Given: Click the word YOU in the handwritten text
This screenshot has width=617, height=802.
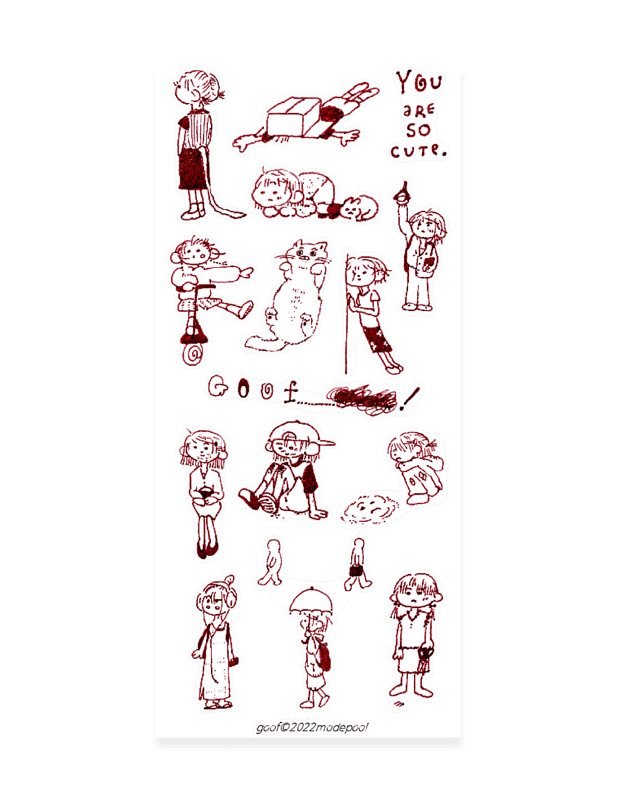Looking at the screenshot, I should tap(419, 82).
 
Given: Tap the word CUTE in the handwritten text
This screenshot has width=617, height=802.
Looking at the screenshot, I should tap(418, 150).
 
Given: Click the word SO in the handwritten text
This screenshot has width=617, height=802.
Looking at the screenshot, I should tap(418, 130).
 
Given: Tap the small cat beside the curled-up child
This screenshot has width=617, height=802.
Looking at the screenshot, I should tap(358, 208).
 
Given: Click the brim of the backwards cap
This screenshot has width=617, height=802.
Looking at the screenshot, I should tap(324, 443).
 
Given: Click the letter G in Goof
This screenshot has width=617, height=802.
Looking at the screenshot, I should tap(217, 387).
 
